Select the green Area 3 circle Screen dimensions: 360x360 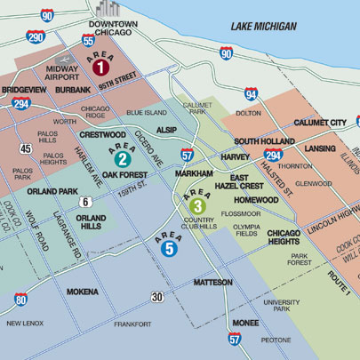(x=196, y=206)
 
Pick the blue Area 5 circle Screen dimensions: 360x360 (x=170, y=249)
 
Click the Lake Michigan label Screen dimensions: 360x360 (x=263, y=27)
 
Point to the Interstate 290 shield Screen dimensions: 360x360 (x=36, y=37)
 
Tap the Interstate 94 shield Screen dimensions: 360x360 (x=251, y=93)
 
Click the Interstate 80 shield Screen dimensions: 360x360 (x=20, y=300)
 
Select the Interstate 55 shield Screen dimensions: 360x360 (x=87, y=40)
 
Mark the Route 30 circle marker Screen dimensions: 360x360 (x=156, y=296)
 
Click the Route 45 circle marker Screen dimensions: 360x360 (x=26, y=148)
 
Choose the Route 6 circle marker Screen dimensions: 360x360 (x=84, y=202)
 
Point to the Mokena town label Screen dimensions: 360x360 (x=82, y=291)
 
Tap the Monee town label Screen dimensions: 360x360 (x=245, y=323)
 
